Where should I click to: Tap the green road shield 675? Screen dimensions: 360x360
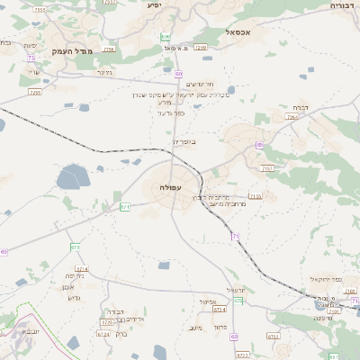click(76, 247)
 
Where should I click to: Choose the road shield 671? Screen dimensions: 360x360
click(125, 207)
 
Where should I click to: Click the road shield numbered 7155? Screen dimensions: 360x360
click(256, 195)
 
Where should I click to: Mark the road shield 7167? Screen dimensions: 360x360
click(267, 168)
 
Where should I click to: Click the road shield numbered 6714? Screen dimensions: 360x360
click(82, 268)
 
